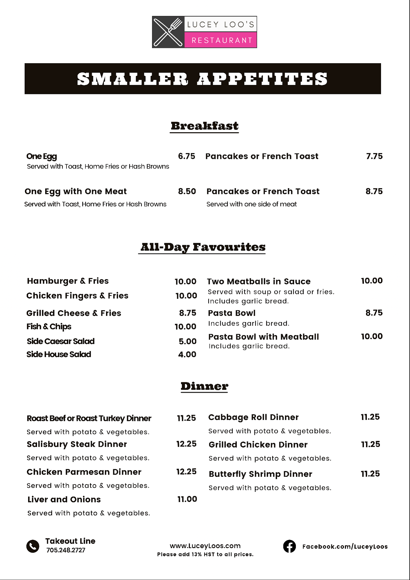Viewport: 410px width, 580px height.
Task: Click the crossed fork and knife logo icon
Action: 168,32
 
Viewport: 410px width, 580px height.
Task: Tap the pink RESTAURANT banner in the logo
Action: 221,40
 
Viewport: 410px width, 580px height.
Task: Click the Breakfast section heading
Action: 204,126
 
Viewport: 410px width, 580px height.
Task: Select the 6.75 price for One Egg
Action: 186,156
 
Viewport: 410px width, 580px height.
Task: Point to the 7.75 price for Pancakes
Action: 374,156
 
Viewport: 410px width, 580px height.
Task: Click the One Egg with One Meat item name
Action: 76,191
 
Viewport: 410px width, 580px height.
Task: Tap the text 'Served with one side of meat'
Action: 252,204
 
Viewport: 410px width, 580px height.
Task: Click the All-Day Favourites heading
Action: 203,247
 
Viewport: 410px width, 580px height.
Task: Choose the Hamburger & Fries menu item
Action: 68,281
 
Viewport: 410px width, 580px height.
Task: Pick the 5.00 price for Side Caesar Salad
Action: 187,341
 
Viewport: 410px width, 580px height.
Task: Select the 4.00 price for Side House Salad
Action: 187,354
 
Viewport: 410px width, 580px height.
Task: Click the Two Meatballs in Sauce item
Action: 258,281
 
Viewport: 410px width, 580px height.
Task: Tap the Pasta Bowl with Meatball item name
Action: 263,337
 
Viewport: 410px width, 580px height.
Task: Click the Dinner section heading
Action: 204,386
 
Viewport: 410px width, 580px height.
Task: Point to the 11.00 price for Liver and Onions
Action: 187,499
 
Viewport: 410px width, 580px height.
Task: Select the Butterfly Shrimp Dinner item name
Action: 260,474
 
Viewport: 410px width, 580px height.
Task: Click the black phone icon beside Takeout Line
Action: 33,546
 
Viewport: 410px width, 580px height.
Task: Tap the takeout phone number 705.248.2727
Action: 66,550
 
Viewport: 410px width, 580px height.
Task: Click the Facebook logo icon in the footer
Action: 289,546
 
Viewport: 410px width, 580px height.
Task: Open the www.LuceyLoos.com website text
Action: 205,546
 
